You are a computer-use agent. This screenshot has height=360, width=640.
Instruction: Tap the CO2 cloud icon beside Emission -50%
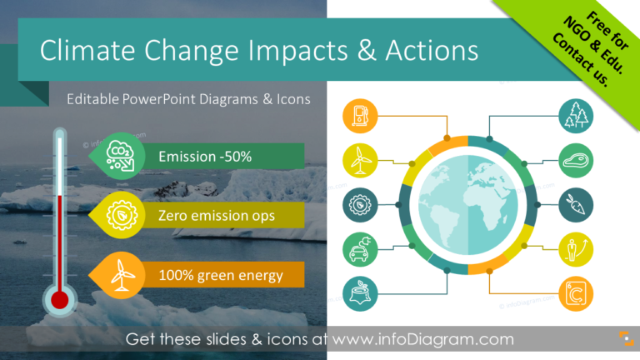point(120,155)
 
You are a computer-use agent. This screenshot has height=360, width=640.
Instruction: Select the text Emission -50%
point(204,156)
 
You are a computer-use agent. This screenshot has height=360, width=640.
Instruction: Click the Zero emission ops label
point(216,216)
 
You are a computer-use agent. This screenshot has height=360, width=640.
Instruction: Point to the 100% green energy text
point(220,275)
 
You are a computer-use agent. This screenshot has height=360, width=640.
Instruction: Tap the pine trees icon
point(576,116)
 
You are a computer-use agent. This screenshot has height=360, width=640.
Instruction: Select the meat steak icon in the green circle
point(576,160)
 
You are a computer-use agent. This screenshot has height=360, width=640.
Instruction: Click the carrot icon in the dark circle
point(576,204)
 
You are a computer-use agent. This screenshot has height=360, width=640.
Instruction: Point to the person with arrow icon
point(576,249)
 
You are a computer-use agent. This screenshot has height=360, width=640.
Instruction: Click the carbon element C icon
point(576,293)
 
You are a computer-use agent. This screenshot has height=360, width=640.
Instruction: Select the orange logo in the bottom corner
point(619,339)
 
